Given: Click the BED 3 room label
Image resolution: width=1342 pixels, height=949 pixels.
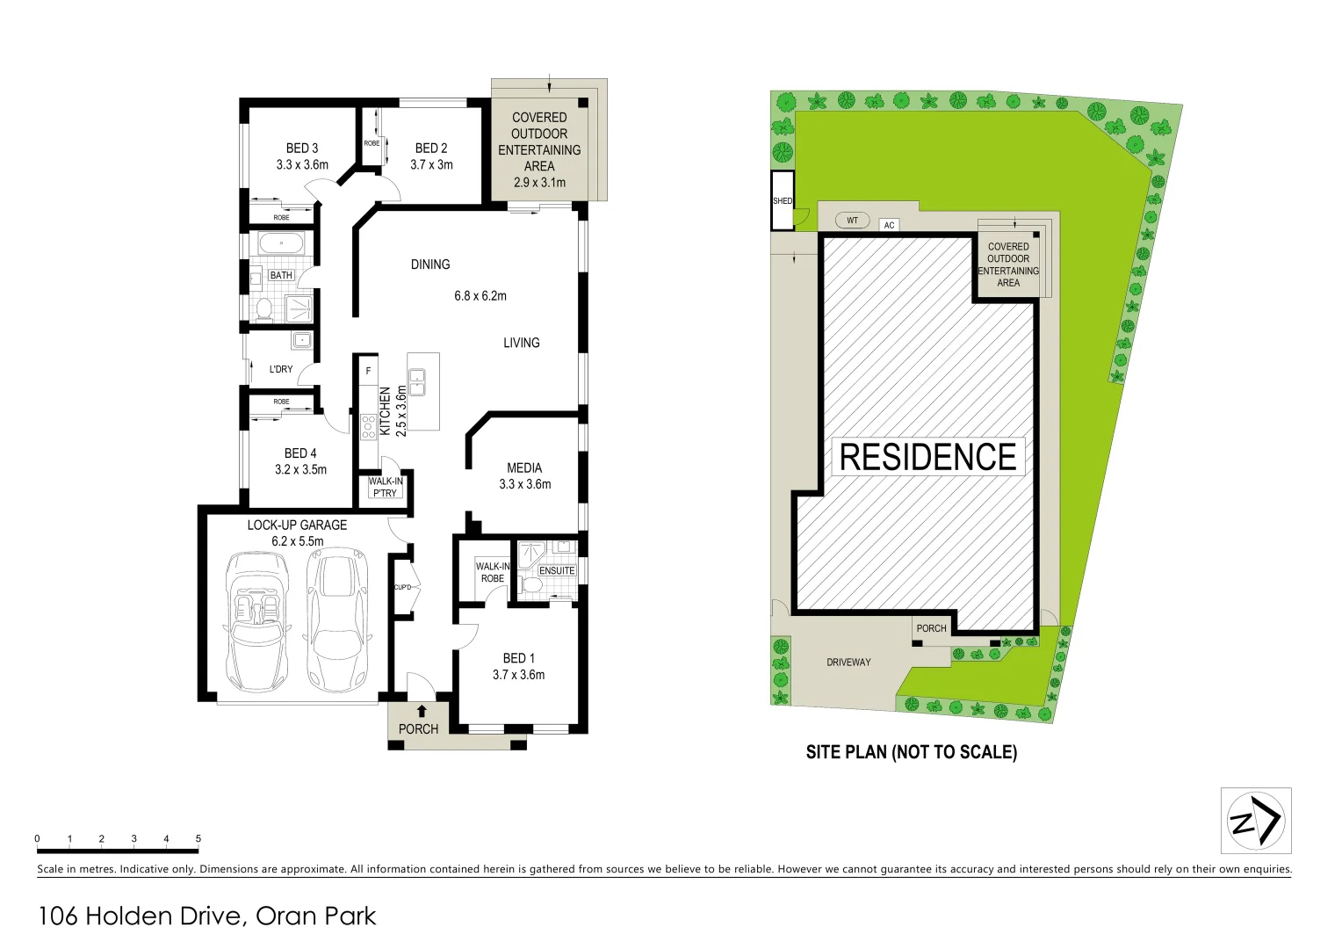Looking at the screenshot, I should point(302,149).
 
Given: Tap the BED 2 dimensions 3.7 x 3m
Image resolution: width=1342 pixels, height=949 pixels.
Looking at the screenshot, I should point(431,165).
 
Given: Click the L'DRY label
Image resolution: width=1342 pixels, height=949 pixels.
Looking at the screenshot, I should point(281,369).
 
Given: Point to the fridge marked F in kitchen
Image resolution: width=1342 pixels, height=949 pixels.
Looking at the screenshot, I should point(368,372).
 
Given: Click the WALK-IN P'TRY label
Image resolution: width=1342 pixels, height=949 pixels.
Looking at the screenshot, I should point(386,487).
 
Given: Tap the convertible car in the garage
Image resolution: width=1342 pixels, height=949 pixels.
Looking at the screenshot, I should point(257,620).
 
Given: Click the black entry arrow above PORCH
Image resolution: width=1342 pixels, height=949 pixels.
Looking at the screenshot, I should point(422,711).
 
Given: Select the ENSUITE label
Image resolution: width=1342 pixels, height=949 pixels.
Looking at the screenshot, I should point(557,571).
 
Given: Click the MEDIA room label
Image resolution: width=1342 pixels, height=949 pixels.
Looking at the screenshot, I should point(524,468).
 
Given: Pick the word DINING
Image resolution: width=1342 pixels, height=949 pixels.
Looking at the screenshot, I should point(430,264).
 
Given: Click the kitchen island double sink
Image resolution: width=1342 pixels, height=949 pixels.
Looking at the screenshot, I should point(417,383).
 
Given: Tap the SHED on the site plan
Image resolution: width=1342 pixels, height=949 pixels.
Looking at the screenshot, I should point(782,201).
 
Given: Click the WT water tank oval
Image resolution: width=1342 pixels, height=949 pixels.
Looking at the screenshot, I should point(852,221).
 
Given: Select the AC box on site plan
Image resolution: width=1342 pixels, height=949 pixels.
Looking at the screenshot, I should point(889,226).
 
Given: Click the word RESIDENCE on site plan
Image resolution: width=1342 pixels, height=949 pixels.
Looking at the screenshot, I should point(927,457).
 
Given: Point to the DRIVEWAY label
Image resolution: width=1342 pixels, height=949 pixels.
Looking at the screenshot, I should point(848,663).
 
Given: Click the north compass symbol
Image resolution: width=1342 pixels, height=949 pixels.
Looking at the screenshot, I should point(1256,821).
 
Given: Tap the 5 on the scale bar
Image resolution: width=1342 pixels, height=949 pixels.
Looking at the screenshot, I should point(198,839).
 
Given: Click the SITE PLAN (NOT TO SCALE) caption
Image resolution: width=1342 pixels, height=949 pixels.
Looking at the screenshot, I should point(911,752).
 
